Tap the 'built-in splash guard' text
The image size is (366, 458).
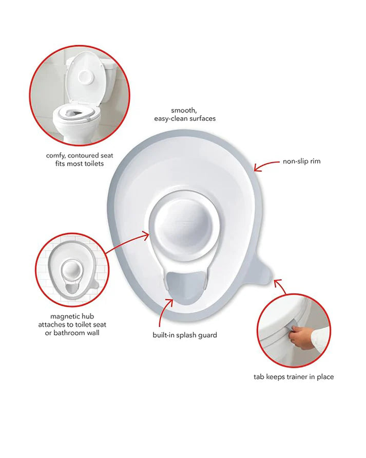click(184, 335)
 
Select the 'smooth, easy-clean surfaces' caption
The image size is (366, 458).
click(185, 115)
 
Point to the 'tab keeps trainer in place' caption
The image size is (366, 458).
click(294, 377)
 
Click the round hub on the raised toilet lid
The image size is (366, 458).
click(85, 76)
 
